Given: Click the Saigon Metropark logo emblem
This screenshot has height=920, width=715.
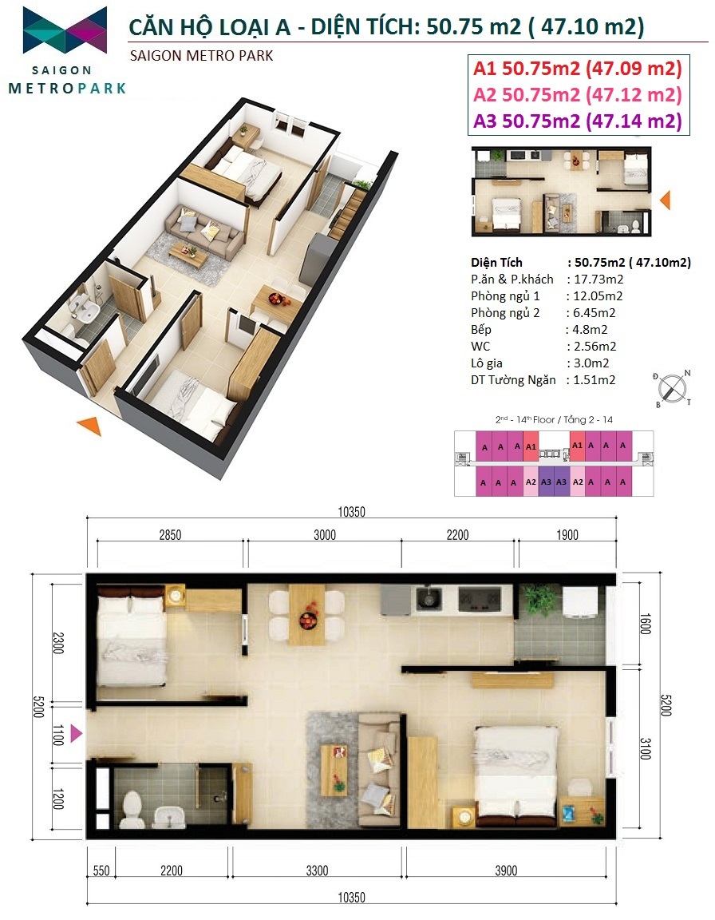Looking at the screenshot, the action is point(65,30).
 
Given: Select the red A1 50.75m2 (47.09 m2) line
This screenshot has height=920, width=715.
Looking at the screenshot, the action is point(578,69).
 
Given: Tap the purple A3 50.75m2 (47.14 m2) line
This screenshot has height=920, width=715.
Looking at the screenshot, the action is point(578,121).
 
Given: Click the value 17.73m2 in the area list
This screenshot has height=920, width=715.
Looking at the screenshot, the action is point(598,280).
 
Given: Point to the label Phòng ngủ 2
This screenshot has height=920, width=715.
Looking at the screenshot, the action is point(505,313).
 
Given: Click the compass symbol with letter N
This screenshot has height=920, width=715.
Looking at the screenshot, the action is point(672,388).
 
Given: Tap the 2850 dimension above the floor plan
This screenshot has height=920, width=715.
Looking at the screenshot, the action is point(170,535).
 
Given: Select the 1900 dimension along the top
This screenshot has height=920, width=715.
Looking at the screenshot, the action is point(567,535).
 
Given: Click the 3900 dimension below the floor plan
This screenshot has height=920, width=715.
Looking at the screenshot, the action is point(506,870).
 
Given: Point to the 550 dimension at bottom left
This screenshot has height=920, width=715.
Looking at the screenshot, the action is point(101,870).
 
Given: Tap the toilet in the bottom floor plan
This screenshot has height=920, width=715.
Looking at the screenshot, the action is point(133,810).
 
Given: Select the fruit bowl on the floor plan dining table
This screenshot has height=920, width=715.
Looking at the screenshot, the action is point(308,618).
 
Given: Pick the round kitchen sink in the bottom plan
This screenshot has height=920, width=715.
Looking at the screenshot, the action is point(429,599).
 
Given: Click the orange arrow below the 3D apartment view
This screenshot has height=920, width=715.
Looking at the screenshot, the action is point(89,426).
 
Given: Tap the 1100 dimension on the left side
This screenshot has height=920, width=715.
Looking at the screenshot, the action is point(57,735).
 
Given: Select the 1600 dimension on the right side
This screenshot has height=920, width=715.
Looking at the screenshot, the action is point(645,624).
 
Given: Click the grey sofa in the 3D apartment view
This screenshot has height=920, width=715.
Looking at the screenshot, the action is point(203,231).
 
